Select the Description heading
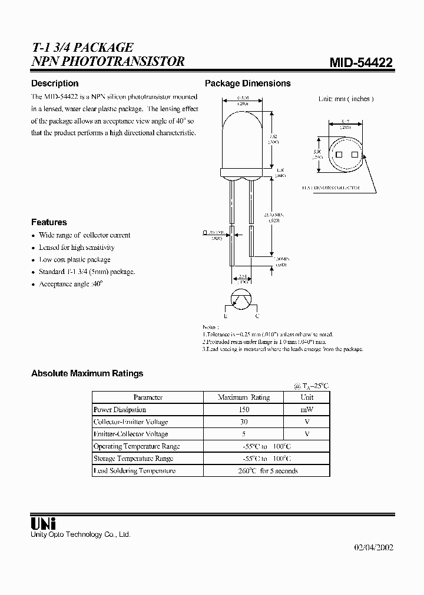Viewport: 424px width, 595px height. [x=55, y=83]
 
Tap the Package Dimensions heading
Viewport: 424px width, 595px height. [x=247, y=83]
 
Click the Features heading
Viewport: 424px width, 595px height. [x=49, y=222]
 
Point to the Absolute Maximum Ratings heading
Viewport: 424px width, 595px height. [x=87, y=373]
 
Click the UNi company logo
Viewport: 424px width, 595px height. [x=43, y=523]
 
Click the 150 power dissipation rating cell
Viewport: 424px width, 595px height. [x=244, y=410]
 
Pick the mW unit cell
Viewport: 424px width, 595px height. [x=307, y=410]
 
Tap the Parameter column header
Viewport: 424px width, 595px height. [x=148, y=397]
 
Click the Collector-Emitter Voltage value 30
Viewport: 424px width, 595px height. [x=244, y=422]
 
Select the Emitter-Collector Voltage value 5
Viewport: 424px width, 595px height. [x=244, y=434]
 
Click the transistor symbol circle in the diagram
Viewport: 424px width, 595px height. [x=241, y=299]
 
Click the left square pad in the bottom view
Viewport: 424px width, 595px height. [x=339, y=155]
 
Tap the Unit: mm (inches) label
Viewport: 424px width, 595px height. [x=346, y=99]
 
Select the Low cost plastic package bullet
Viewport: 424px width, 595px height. [x=75, y=260]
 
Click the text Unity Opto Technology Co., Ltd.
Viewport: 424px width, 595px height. [x=81, y=534]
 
